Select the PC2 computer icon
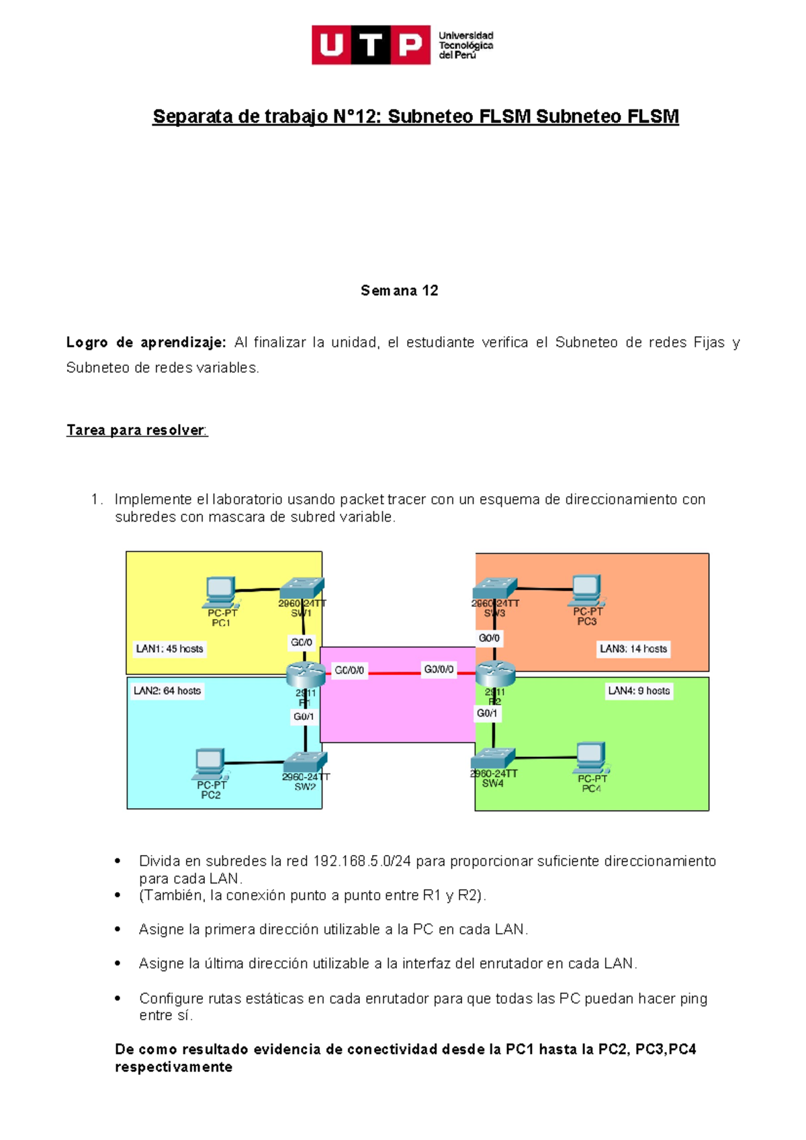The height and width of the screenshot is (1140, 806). (x=210, y=764)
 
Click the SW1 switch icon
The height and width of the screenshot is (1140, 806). (x=302, y=587)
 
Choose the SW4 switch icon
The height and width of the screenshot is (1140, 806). (x=493, y=759)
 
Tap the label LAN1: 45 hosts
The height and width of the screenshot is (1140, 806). (x=169, y=649)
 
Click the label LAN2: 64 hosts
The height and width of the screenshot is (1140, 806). (x=167, y=690)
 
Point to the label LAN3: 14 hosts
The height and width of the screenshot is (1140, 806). (x=633, y=649)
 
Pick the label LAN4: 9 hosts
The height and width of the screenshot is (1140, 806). (x=639, y=690)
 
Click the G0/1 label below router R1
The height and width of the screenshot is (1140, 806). (x=304, y=717)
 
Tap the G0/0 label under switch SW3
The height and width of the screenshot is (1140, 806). (x=489, y=638)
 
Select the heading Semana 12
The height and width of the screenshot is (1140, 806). (x=399, y=290)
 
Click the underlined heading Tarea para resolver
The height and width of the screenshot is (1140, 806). (x=136, y=430)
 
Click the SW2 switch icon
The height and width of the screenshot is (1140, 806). (x=305, y=762)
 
